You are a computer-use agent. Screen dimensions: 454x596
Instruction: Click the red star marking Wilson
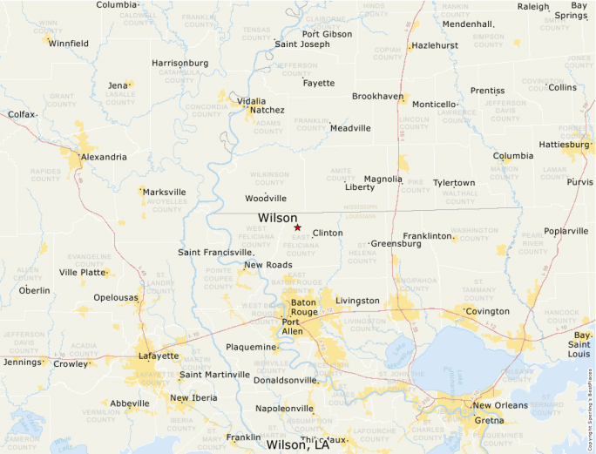pos(297,227)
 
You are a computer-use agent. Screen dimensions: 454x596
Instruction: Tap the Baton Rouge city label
pos(304,307)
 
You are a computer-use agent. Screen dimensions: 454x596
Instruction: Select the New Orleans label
pos(500,406)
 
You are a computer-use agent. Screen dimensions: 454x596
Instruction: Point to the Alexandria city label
pos(104,157)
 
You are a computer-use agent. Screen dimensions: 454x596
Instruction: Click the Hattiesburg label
pos(565,144)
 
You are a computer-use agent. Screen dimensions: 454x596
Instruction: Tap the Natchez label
pos(268,111)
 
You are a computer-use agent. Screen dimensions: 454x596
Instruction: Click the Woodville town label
pos(266,199)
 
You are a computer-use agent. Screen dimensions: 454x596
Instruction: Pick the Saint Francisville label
pos(215,253)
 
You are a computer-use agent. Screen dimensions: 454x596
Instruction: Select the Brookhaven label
pos(377,97)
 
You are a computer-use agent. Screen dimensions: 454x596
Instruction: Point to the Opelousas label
pos(116,298)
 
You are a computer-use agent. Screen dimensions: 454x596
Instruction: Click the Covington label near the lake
pos(487,311)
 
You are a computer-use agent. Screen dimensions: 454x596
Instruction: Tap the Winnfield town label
pos(69,43)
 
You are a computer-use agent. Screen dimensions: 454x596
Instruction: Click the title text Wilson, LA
pos(297,444)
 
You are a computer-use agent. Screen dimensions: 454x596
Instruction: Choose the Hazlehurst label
pos(435,45)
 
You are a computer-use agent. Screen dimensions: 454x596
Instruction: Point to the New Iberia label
pos(193,398)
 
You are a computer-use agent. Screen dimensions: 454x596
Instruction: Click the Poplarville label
pos(566,231)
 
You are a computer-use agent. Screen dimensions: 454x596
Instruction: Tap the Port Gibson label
pos(327,34)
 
